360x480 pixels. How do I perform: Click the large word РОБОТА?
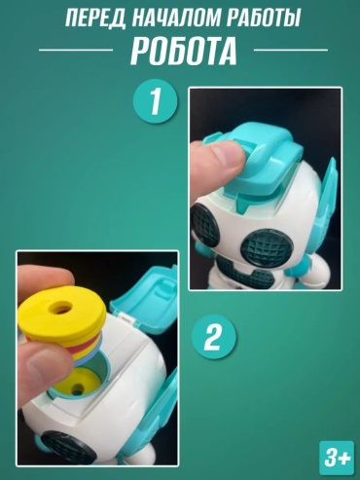point(184,51)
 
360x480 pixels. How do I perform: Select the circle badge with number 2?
point(214,337)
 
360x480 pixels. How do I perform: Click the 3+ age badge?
point(338,459)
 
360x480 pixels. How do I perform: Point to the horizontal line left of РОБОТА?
point(76,50)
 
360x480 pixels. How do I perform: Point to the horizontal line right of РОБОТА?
point(291,50)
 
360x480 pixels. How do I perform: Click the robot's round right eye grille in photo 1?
point(267,248)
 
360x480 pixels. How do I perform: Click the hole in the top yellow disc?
point(62,307)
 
